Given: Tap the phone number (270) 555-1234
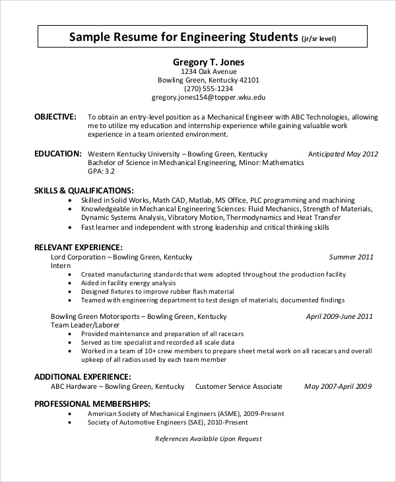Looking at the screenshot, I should click(x=209, y=88).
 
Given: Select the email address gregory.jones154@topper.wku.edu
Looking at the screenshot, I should click(x=209, y=97).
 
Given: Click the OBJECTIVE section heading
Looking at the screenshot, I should click(x=55, y=116).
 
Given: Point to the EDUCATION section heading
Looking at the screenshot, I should click(x=58, y=153).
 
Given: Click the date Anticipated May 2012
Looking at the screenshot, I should click(x=343, y=154).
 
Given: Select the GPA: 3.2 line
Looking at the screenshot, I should click(x=102, y=171).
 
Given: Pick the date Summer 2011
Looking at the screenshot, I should click(x=352, y=257).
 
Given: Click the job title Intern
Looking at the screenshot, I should click(x=61, y=265).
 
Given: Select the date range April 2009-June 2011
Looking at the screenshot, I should click(x=339, y=316).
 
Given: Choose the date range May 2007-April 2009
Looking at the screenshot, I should click(x=338, y=386).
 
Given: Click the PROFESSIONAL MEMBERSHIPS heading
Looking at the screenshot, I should click(x=92, y=403).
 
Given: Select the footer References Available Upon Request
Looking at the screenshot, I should click(x=209, y=438).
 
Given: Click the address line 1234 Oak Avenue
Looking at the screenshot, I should click(x=209, y=71).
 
